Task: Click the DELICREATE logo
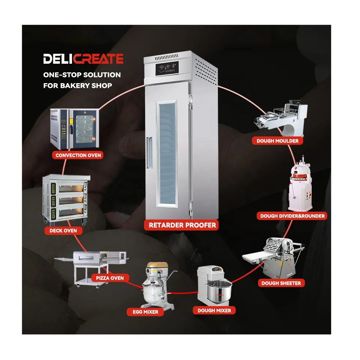click(x=84, y=59)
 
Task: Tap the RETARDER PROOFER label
click(x=182, y=225)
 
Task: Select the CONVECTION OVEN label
click(x=78, y=155)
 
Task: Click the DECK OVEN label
click(x=63, y=230)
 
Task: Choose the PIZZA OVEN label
click(x=110, y=278)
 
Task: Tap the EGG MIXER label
click(x=145, y=312)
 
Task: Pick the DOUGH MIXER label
click(x=214, y=310)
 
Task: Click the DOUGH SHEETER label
click(x=281, y=283)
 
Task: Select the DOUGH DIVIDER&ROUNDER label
click(x=292, y=216)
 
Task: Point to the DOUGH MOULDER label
click(x=277, y=141)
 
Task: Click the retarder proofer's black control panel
click(x=167, y=68)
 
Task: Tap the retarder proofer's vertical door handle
click(x=149, y=153)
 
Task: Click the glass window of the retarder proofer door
click(x=167, y=153)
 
